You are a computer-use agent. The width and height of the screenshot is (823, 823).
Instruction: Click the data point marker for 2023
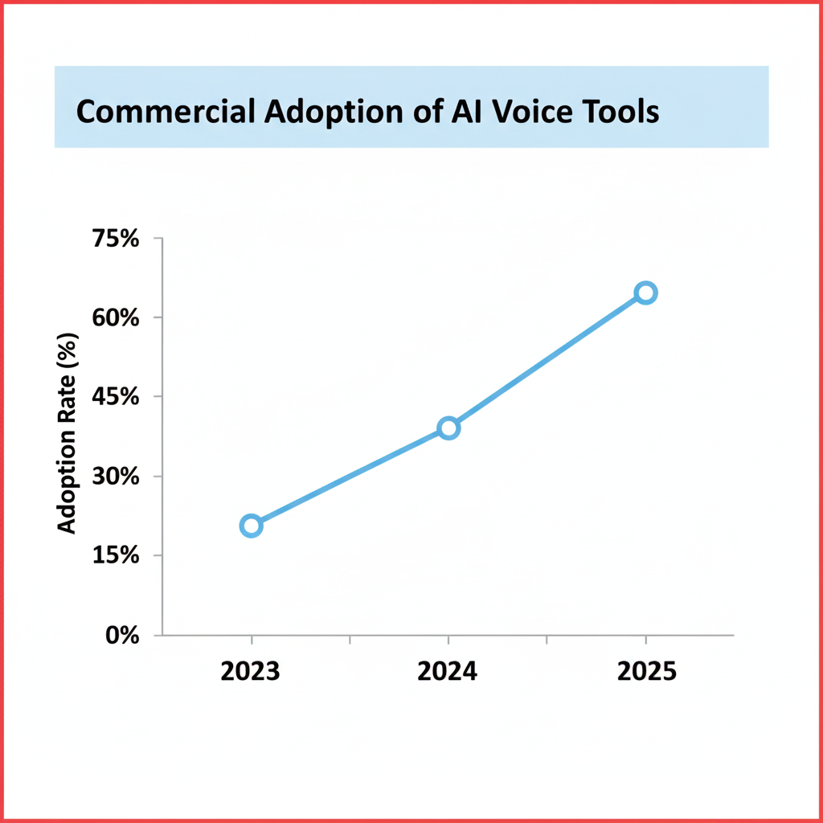251,526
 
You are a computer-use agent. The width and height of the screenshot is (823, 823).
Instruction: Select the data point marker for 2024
448,428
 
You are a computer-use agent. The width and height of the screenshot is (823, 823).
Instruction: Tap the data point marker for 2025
645,293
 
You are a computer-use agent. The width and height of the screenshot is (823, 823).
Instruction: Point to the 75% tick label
117,240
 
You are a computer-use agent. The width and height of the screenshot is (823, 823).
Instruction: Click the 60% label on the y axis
117,318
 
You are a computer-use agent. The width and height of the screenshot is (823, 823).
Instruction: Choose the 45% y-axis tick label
117,397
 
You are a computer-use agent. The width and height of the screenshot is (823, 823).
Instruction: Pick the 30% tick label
117,477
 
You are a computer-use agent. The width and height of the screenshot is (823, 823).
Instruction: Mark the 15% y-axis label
117,555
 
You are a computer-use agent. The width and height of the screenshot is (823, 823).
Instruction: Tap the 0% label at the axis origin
123,635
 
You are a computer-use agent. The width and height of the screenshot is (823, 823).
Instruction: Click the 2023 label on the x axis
251,671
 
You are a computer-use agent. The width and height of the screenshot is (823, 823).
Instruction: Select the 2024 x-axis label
448,671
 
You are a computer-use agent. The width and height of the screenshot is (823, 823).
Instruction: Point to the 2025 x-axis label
646,671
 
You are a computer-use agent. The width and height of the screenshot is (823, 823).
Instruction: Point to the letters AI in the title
469,112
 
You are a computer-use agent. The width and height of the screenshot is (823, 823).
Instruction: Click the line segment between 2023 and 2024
350,477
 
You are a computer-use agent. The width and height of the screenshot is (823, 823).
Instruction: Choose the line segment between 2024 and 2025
547,360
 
